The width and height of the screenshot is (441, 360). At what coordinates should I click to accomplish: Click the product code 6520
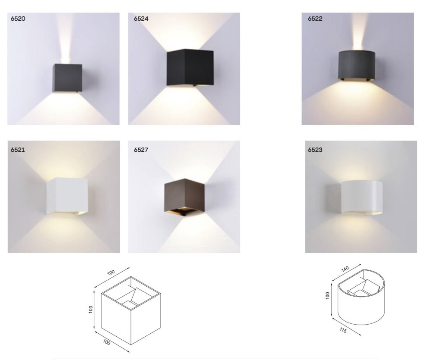18,19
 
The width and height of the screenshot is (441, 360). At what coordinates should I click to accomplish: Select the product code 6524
141,19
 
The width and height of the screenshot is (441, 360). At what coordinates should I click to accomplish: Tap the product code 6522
315,19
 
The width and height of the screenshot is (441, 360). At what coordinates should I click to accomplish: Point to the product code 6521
18,150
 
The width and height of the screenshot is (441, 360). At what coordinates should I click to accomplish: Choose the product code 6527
141,150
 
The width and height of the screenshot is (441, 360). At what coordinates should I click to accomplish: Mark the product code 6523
315,150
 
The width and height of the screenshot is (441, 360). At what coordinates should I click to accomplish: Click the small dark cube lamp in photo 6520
68,78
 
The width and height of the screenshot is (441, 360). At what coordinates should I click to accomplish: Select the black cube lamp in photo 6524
190,67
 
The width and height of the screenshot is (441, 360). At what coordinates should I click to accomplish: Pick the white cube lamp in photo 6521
67,196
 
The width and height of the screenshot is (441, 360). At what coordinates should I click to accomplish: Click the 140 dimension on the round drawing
345,269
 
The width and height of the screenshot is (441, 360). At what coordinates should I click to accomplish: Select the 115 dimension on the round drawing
343,330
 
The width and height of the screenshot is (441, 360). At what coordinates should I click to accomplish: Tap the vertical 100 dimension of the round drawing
327,295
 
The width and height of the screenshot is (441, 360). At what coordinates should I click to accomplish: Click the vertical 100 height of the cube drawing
90,310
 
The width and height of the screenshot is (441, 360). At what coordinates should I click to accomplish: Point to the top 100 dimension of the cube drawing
111,272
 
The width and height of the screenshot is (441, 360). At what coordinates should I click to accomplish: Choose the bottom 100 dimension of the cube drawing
106,342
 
